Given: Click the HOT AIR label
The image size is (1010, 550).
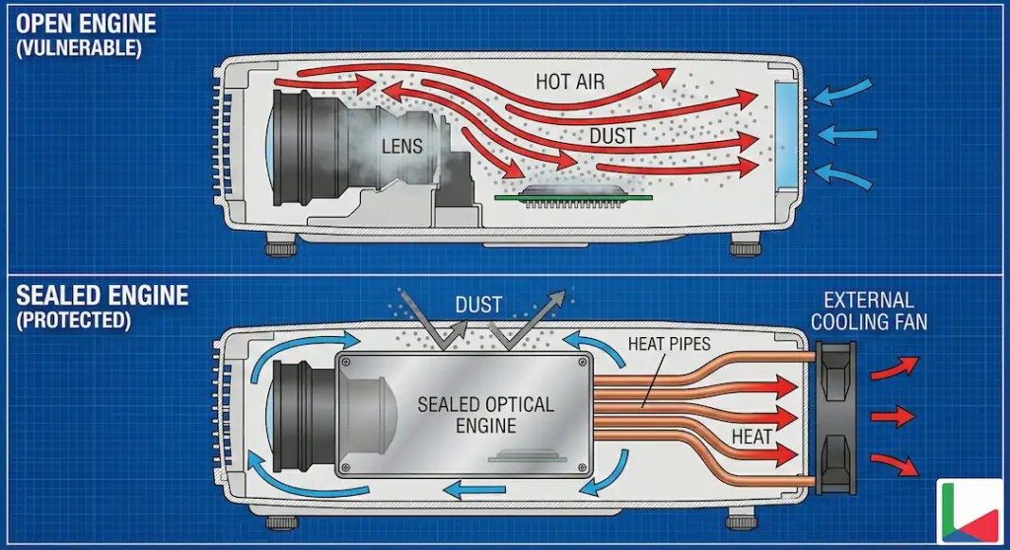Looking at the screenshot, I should (x=570, y=82).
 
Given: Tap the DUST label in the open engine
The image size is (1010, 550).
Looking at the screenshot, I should (x=613, y=136).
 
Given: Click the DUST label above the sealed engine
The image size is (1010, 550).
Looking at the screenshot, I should (x=477, y=306).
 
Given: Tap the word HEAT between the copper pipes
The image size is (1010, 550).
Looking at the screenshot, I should (x=753, y=436).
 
